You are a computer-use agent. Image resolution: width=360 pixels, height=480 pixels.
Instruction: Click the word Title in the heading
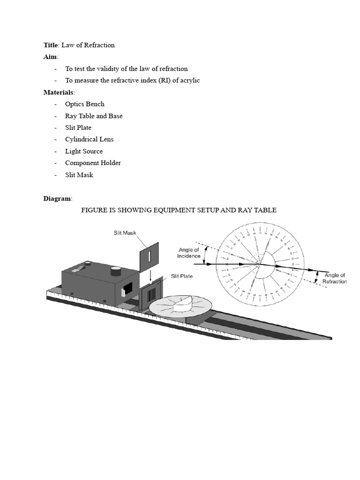pyautogui.click(x=50, y=45)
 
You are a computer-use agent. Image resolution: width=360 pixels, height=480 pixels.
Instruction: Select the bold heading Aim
pyautogui.click(x=50, y=57)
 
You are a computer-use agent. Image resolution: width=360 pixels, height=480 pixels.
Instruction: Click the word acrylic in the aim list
pyautogui.click(x=188, y=81)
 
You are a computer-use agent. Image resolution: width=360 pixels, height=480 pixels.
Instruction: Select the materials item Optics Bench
pyautogui.click(x=84, y=104)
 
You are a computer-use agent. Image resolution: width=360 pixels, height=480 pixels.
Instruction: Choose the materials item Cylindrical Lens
pyautogui.click(x=89, y=139)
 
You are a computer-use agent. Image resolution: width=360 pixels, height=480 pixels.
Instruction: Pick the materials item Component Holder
pyautogui.click(x=93, y=163)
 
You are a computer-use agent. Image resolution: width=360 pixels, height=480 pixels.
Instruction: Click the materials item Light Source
pyautogui.click(x=83, y=151)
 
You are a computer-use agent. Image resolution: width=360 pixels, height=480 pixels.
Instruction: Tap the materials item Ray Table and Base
pyautogui.click(x=94, y=116)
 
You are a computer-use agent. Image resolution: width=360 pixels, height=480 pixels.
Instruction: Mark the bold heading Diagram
pyautogui.click(x=58, y=199)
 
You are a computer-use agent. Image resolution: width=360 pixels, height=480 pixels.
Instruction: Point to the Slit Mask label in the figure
pyautogui.click(x=125, y=232)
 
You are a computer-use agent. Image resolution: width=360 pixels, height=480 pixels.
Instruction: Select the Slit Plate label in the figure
pyautogui.click(x=182, y=276)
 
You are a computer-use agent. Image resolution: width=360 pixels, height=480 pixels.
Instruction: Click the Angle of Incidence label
pyautogui.click(x=188, y=253)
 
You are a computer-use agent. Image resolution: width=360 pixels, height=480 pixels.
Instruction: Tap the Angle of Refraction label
pyautogui.click(x=335, y=278)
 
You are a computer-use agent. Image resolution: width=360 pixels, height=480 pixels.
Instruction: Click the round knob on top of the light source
pyautogui.click(x=116, y=270)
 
